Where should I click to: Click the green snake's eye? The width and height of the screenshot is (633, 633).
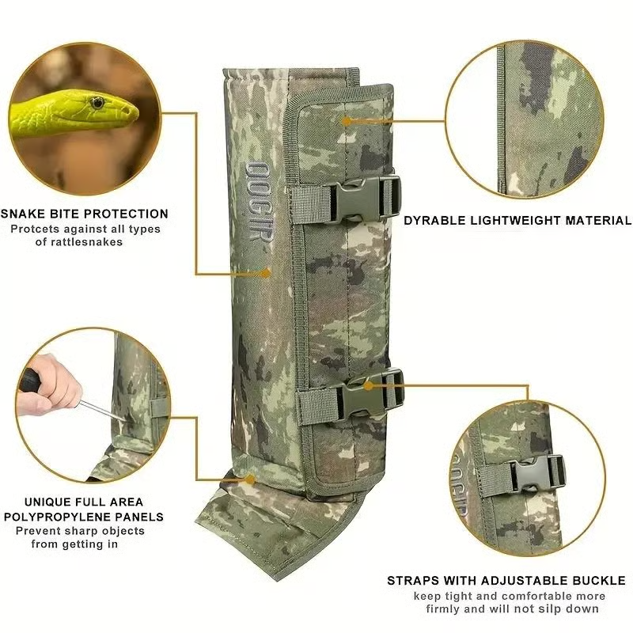pyautogui.click(x=97, y=103)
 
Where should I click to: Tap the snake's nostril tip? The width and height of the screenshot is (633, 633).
pyautogui.click(x=128, y=110)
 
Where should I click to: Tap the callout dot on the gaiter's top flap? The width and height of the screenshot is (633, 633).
pyautogui.click(x=347, y=121)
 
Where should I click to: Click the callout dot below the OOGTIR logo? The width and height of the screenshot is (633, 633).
pyautogui.click(x=266, y=274)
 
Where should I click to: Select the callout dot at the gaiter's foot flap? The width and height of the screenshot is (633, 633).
pyautogui.click(x=251, y=480)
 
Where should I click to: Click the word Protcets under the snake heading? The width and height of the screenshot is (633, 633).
pyautogui.click(x=36, y=229)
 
